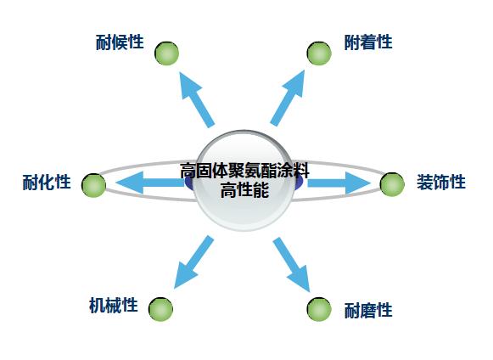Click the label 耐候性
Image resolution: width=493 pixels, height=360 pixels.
point(120,42)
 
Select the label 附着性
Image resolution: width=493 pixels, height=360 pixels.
point(368,42)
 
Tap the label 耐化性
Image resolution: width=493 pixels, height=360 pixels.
point(47,183)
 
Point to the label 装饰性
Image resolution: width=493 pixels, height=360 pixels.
point(441,183)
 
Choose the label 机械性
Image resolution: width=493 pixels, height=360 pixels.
point(114,306)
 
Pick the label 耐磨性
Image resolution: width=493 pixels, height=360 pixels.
point(368,310)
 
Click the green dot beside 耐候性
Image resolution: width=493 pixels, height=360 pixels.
point(166,53)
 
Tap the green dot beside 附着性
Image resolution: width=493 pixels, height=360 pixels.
point(319,53)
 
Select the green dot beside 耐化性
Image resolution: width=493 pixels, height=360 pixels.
point(93,185)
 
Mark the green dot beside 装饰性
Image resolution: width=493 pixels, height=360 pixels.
point(392,184)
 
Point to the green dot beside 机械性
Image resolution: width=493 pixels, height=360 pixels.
point(160,309)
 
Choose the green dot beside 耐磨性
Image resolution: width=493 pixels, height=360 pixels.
point(319,309)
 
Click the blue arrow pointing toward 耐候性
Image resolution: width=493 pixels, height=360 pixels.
point(197,99)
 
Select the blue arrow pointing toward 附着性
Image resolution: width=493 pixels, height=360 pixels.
point(288,98)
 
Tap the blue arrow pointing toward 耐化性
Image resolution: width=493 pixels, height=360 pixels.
point(150,183)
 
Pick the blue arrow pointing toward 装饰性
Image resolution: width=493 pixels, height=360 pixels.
point(339,183)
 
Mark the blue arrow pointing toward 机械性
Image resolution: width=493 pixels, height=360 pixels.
point(193,262)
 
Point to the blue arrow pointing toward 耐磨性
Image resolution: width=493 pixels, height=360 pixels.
point(291,264)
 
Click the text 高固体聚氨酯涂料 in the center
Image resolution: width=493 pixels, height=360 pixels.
point(244,171)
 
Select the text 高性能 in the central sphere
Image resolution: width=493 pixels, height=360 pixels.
point(244,190)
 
